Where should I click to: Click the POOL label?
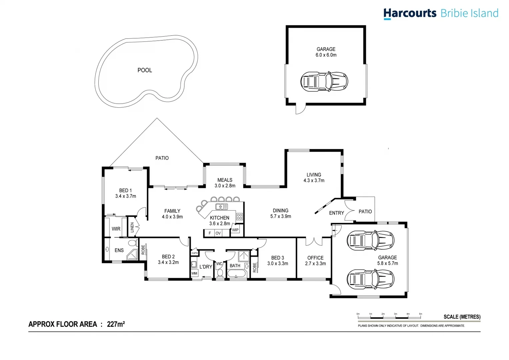pyautogui.click(x=145, y=70)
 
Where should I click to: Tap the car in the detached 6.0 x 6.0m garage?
pyautogui.click(x=324, y=81)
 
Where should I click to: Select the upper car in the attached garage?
pyautogui.click(x=370, y=240)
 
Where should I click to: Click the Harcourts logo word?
pyautogui.click(x=410, y=13)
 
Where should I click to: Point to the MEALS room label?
pyautogui.click(x=225, y=180)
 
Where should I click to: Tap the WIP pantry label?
pyautogui.click(x=235, y=230)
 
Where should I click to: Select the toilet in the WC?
pyautogui.click(x=220, y=273)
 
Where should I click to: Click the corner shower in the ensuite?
pyautogui.click(x=132, y=255)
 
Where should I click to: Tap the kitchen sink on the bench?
pyautogui.click(x=221, y=207)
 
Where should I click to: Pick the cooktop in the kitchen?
pyautogui.click(x=239, y=217)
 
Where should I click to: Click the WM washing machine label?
pyautogui.click(x=194, y=273)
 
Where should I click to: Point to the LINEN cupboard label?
pyautogui.click(x=132, y=227)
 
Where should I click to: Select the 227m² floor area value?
pyautogui.click(x=116, y=324)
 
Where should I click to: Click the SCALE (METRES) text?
pyautogui.click(x=462, y=317)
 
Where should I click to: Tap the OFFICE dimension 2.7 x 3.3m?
pyautogui.click(x=315, y=264)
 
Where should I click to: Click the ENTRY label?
pyautogui.click(x=336, y=213)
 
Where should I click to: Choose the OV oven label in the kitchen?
pyautogui.click(x=218, y=233)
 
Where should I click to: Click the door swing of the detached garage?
pyautogui.click(x=300, y=109)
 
